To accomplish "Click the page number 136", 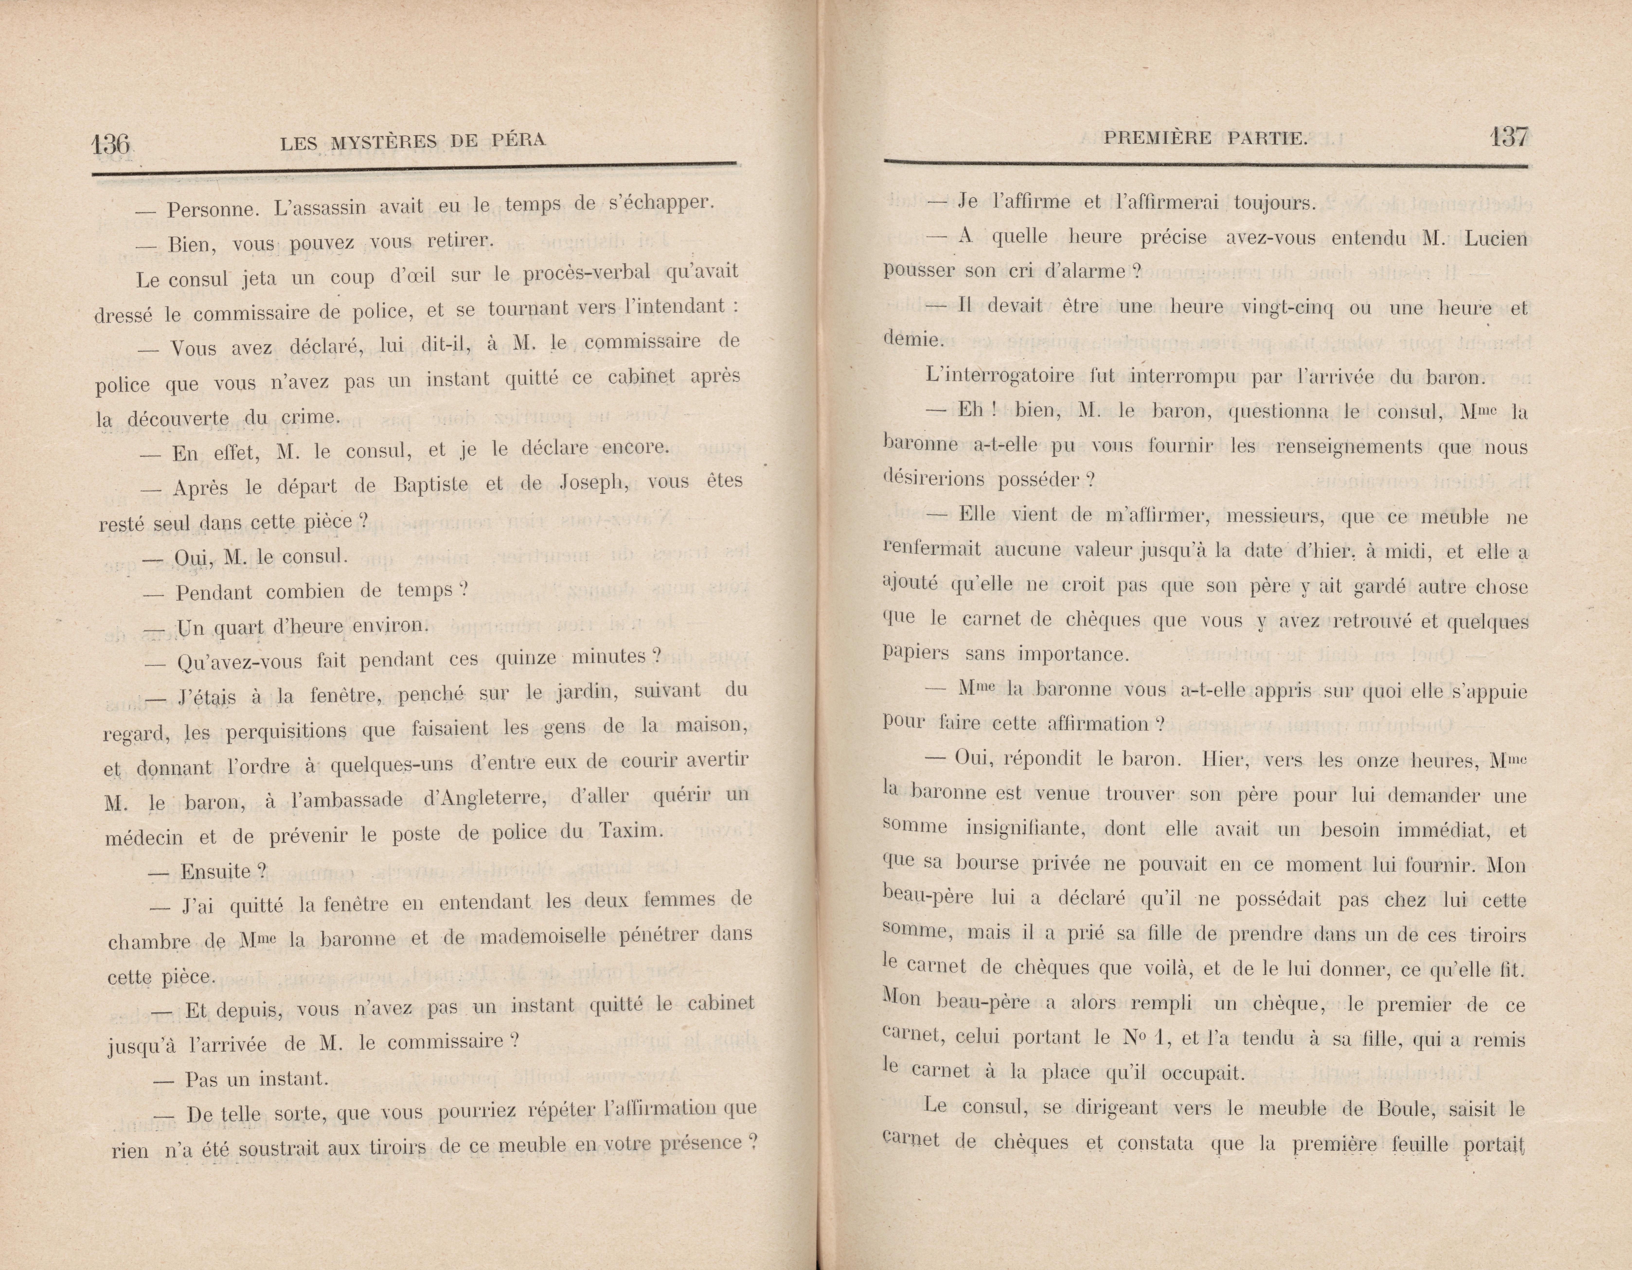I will [x=111, y=143].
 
